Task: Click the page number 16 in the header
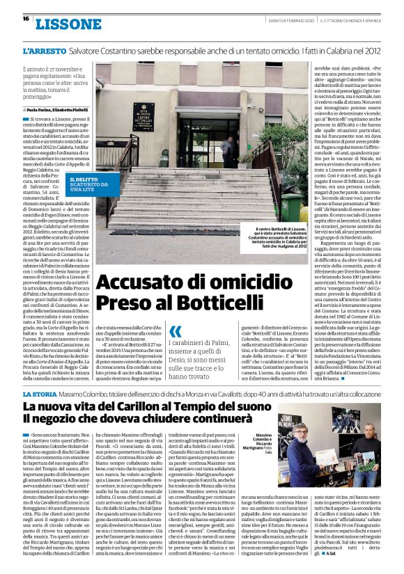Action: coord(25,18)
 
